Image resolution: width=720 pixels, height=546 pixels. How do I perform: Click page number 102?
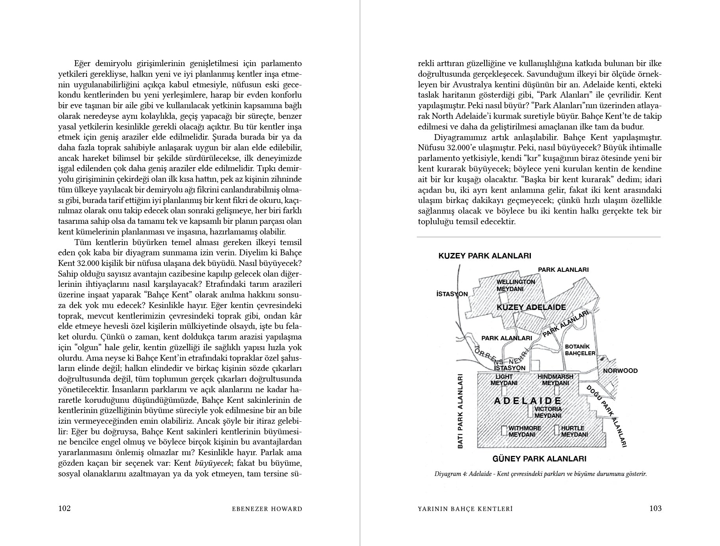click(x=64, y=508)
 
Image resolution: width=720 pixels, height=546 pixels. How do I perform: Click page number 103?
click(x=655, y=508)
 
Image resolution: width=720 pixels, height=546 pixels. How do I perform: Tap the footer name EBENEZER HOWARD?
click(x=267, y=509)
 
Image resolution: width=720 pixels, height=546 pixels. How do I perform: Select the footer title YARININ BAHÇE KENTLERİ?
click(x=465, y=509)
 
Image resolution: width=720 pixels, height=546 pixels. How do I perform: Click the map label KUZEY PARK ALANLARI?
click(x=484, y=256)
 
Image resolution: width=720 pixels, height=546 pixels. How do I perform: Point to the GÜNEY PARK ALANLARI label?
click(x=539, y=459)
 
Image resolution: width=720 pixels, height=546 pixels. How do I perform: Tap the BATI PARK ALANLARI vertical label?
click(x=460, y=411)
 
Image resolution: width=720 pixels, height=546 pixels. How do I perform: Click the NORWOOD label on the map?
click(x=620, y=371)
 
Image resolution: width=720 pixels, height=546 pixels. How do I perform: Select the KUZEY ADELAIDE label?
click(x=531, y=307)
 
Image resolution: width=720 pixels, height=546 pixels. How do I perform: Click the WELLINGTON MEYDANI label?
click(x=516, y=285)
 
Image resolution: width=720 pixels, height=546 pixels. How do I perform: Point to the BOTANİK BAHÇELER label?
click(x=580, y=350)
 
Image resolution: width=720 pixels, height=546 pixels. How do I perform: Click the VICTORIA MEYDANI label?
click(x=548, y=412)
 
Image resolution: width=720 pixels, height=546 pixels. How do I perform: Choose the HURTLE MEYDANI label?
click(x=574, y=431)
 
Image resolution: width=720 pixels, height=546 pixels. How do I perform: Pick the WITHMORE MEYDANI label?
click(x=525, y=431)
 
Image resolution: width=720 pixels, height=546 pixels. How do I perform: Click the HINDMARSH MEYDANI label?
click(x=555, y=380)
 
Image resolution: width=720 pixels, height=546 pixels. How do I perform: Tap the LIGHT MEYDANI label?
click(x=504, y=380)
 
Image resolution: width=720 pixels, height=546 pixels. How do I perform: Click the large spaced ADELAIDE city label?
click(x=527, y=401)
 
